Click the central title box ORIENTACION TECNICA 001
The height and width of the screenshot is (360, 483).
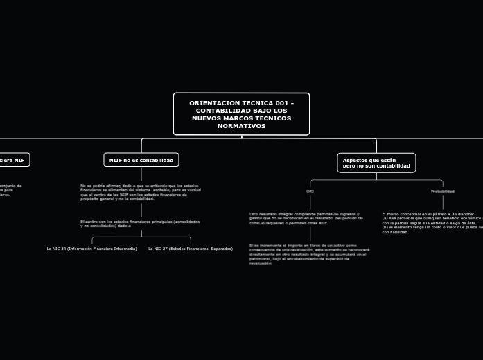[x=241, y=114]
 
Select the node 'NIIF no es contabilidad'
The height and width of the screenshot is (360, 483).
[x=141, y=160]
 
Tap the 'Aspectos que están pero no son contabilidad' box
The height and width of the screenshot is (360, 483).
[x=376, y=163]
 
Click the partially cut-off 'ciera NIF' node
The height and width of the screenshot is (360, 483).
[x=12, y=160]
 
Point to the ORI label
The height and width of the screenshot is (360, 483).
[x=310, y=191]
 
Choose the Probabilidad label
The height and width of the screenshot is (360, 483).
[x=442, y=191]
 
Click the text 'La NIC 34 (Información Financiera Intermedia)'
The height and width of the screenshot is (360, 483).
[x=91, y=248]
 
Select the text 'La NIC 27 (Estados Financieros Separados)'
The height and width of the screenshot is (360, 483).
[x=191, y=248]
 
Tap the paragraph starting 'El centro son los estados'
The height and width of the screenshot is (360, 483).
[x=140, y=224]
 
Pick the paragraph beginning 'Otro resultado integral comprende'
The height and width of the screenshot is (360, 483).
[x=306, y=219]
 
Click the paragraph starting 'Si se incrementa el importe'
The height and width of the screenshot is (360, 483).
[x=309, y=254]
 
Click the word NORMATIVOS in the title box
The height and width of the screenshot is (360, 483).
[x=241, y=126]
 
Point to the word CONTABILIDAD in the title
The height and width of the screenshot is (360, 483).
[x=222, y=111]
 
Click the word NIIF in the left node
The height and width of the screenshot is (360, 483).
[x=116, y=160]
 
